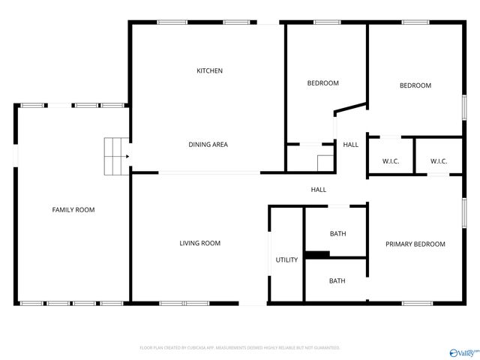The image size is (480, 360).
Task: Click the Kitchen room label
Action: pos(209,71)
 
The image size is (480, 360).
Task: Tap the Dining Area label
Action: pos(208,145)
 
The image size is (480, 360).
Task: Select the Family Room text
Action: pos(73,210)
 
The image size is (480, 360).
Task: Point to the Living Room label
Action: pos(199,243)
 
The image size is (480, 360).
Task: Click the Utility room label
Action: pos(286,260)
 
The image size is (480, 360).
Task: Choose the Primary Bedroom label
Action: pos(415,244)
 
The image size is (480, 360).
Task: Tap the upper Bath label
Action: pos(337,234)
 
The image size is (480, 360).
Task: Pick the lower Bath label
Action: pos(337,281)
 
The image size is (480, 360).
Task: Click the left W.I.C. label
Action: pos(391,161)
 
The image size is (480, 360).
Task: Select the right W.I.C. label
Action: pos(439,161)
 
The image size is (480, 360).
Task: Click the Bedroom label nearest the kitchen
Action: pos(323,83)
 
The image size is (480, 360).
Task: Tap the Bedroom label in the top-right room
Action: pos(415,85)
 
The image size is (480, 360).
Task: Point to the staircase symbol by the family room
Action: pos(115,156)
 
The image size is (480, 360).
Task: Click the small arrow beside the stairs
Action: pos(127,157)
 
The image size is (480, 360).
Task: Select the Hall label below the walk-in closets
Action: pos(319,190)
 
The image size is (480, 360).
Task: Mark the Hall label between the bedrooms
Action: pos(350,145)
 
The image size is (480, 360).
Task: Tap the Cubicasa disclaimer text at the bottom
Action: pos(240,348)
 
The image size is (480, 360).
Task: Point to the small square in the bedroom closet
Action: pos(325,163)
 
